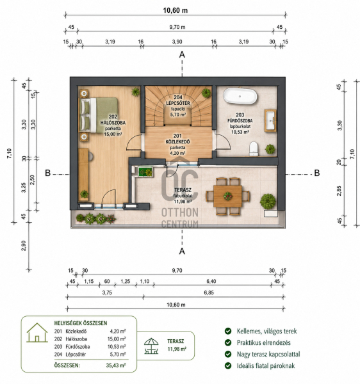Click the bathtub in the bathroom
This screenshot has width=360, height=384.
(240, 96)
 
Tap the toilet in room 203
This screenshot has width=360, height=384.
(254, 148)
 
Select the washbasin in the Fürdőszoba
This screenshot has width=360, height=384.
(270, 121)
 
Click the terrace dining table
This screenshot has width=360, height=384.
(227, 196)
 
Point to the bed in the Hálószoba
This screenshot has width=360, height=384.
(99, 115)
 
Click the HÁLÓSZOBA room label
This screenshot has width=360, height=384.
(113, 123)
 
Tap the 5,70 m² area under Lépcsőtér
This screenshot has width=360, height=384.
(178, 115)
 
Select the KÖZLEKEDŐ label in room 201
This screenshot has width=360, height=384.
(177, 142)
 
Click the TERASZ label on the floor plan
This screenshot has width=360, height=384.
(183, 190)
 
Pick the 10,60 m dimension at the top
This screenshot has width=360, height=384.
(176, 10)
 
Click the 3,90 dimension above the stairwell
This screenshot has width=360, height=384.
(177, 42)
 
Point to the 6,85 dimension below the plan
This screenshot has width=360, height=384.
(209, 292)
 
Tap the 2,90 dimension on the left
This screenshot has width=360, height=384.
(24, 246)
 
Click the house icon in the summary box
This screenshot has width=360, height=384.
(37, 333)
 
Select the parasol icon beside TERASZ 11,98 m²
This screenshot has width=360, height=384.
(151, 346)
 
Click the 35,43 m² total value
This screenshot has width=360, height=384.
(116, 365)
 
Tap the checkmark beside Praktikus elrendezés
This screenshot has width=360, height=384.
(228, 342)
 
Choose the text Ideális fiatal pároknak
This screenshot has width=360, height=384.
(266, 366)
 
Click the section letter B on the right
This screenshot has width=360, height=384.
(317, 173)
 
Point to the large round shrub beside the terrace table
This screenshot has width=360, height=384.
(268, 201)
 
